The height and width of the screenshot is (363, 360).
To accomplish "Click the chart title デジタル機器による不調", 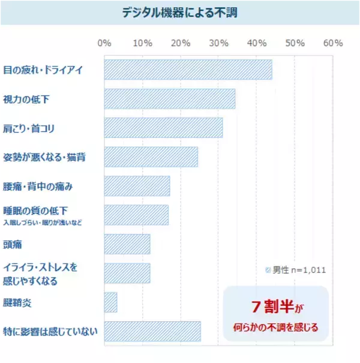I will click(x=179, y=13).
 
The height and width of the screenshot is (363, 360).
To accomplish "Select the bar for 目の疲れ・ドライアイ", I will click(x=188, y=70).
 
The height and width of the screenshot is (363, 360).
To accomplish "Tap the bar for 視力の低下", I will click(x=170, y=98).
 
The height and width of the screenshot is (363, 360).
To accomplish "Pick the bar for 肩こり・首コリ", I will click(x=163, y=128).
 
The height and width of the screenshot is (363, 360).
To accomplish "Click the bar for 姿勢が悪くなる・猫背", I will click(x=151, y=157).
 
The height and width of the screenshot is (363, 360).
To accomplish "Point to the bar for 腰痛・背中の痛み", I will click(x=137, y=186).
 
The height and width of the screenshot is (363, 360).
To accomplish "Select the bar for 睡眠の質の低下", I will click(x=136, y=215).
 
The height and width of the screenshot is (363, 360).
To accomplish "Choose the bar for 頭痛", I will click(x=127, y=244).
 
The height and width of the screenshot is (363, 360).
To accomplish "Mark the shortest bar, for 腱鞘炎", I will click(x=110, y=302).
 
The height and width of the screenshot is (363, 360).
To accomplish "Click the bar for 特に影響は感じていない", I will click(x=152, y=331).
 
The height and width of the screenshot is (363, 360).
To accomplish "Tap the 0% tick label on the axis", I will click(x=104, y=44).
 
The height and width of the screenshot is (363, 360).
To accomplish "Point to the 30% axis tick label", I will click(x=218, y=44).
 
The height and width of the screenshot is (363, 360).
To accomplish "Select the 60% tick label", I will click(x=332, y=44).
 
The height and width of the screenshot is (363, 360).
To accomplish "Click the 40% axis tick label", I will click(x=257, y=44).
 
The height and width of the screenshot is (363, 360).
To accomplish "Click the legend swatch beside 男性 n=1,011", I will click(x=268, y=270).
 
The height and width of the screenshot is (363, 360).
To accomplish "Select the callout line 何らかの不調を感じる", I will click(x=276, y=328).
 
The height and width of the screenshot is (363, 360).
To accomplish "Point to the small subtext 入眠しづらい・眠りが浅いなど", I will click(x=42, y=223).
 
